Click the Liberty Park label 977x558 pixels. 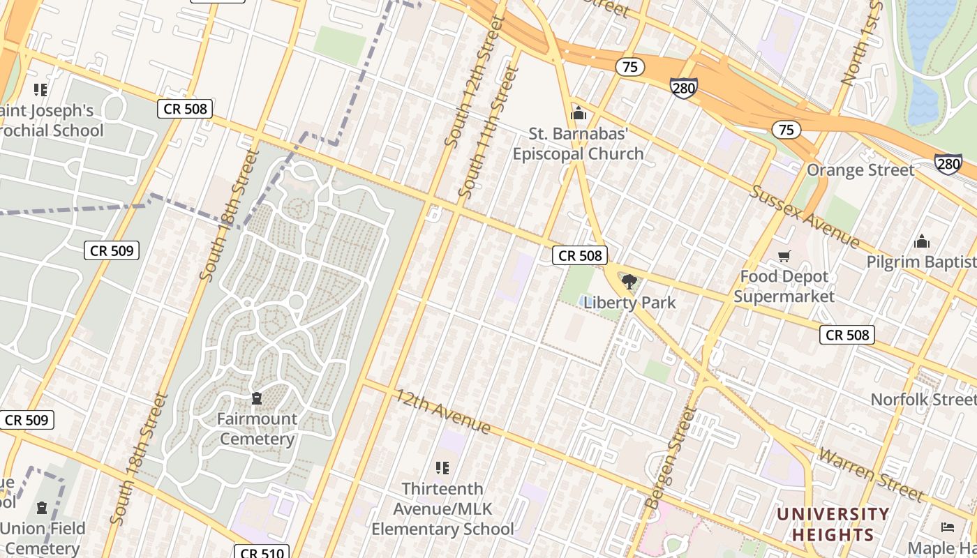tap(629, 303)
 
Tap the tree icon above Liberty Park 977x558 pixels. tap(629, 282)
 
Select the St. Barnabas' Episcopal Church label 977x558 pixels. tap(578, 144)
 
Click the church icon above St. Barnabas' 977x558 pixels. tap(579, 113)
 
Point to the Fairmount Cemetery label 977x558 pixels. tap(257, 429)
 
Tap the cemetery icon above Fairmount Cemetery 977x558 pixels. tap(257, 398)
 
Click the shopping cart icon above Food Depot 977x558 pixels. tap(784, 257)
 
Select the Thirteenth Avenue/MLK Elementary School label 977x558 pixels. tap(442, 508)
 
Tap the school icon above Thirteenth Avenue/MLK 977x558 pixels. tap(442, 467)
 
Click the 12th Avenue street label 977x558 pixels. tap(443, 412)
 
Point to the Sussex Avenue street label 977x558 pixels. tap(805, 216)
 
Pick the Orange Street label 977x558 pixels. tap(860, 170)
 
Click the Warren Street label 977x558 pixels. tap(871, 474)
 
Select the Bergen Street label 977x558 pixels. tap(669, 457)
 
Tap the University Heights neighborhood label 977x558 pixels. tap(833, 525)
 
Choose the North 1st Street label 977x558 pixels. tap(863, 43)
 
